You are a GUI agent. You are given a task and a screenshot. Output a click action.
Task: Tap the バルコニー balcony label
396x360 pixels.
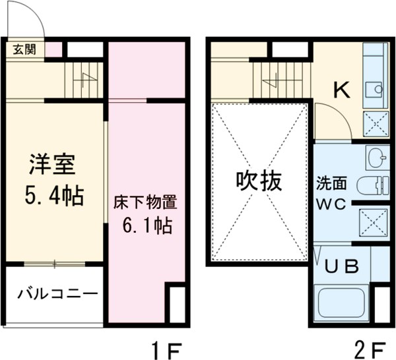click(57, 291)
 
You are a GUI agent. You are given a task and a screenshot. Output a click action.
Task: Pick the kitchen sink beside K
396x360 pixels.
click(374, 87)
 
